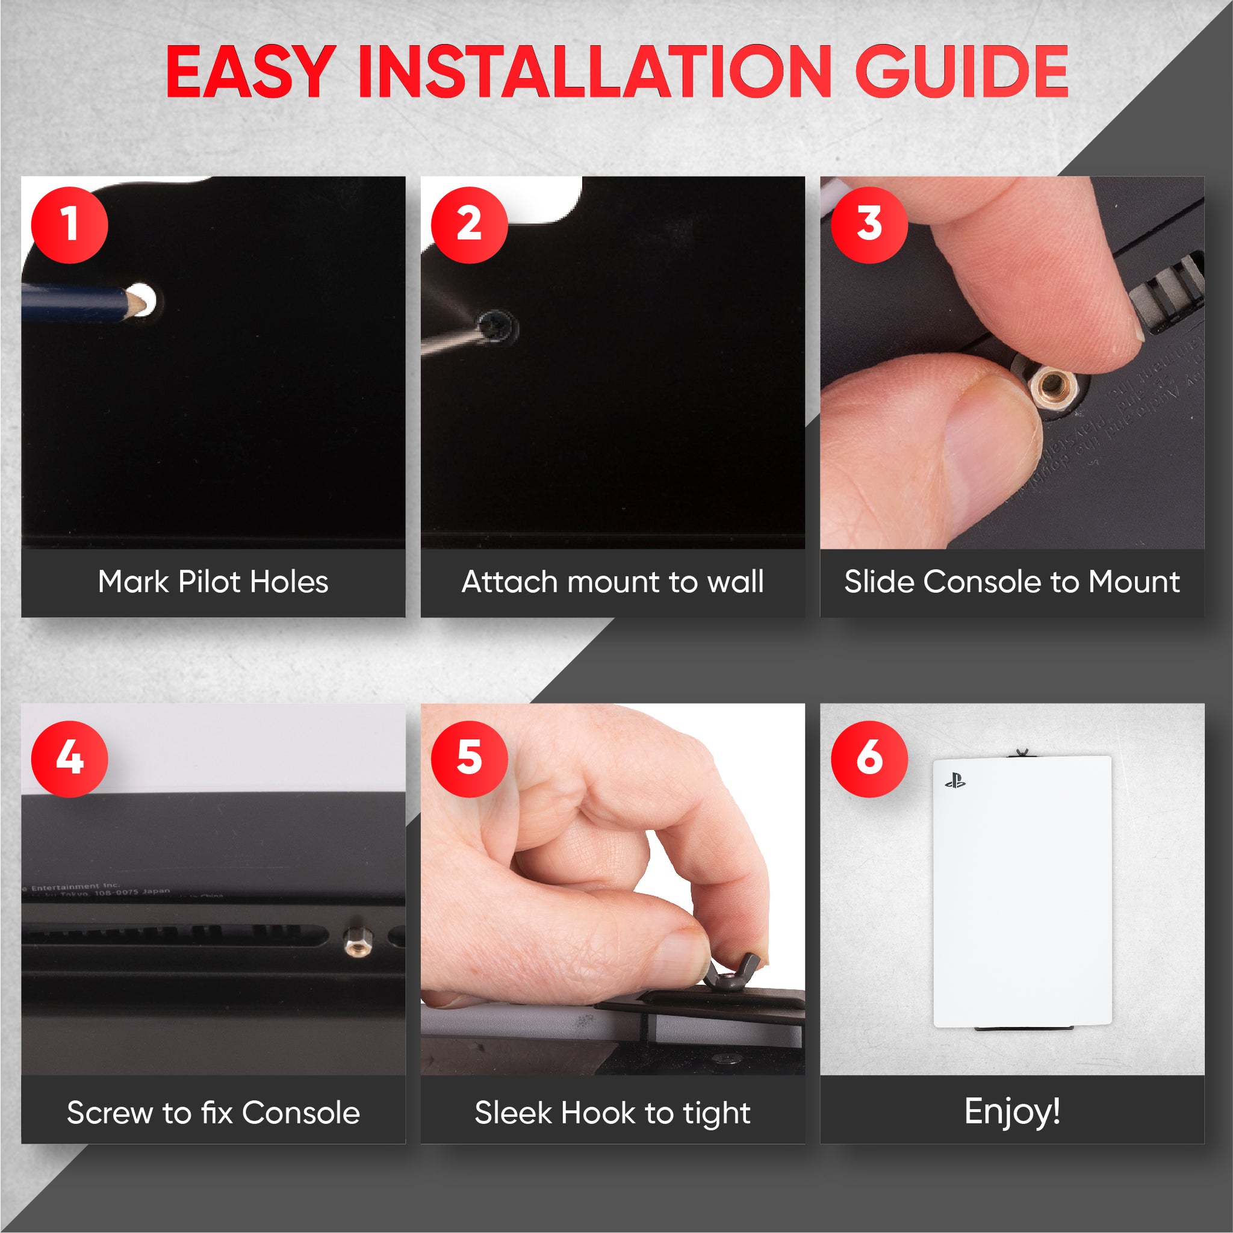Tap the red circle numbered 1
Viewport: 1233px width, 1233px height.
(70, 225)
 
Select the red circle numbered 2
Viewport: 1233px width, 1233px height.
(469, 225)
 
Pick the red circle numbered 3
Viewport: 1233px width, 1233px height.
(869, 225)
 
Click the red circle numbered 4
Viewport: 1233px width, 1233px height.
(70, 758)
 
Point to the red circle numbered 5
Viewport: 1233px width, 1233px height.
(469, 758)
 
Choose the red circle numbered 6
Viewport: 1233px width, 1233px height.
(869, 758)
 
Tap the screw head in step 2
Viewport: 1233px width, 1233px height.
(496, 327)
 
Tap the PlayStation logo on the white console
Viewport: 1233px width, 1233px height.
(955, 780)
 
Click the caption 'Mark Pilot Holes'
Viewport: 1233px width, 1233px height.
(213, 582)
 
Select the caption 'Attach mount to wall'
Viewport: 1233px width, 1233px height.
(612, 582)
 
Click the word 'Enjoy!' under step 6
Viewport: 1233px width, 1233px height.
(1011, 1111)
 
